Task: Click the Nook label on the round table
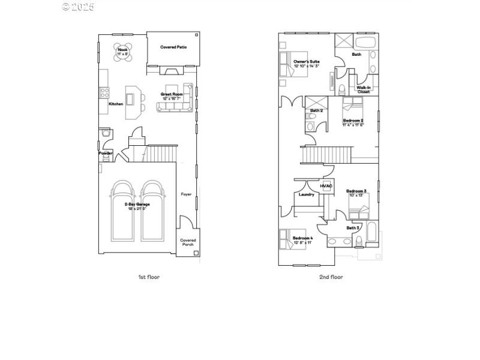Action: coord(122,51)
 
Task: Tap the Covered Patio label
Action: coord(173,47)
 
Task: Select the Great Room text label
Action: coord(172,95)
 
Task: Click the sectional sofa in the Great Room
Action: coord(174,106)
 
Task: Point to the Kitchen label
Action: coord(116,104)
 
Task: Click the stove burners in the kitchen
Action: coord(104,92)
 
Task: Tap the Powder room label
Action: coord(106,153)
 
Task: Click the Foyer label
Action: coord(187,194)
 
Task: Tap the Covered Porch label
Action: coord(188,242)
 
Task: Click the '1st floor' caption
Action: coord(149,277)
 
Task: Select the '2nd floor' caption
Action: coord(331,277)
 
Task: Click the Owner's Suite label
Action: coord(306,62)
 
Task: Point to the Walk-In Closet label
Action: coord(364,89)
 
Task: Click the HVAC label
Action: coord(326,186)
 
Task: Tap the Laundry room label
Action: coord(307,194)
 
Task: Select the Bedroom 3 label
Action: coord(356,192)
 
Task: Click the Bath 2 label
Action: coord(317,111)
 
